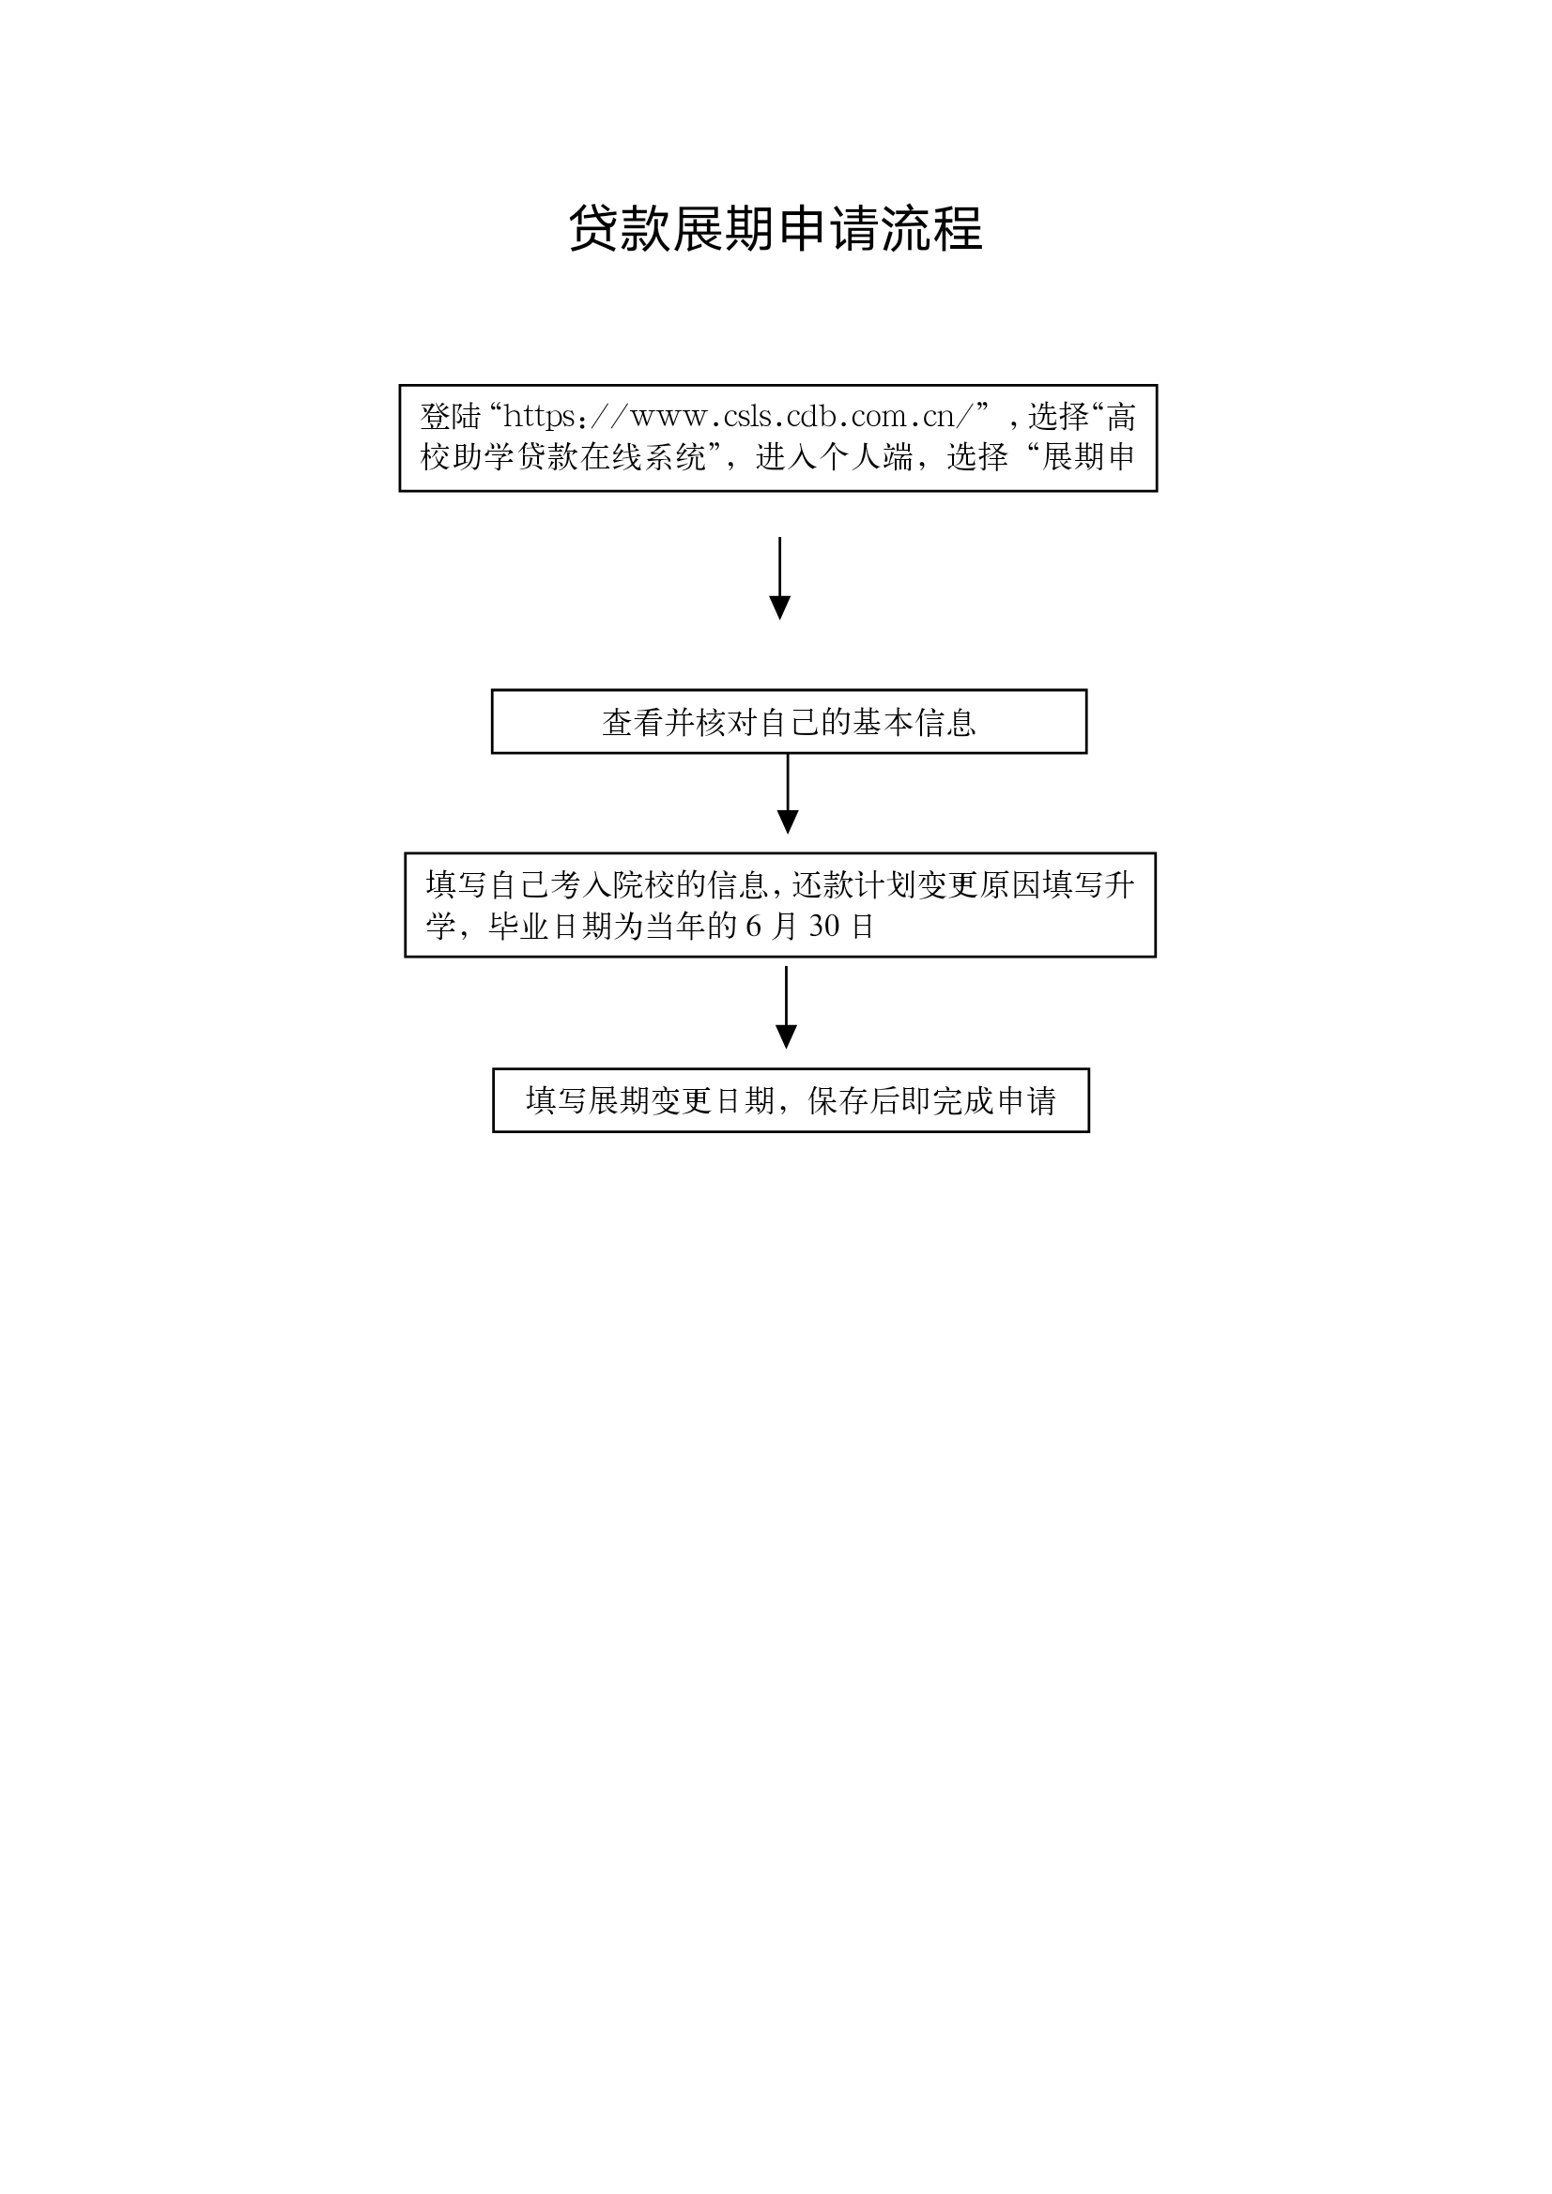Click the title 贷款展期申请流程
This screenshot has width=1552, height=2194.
[x=775, y=229]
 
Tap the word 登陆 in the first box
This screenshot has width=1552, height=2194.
[x=450, y=417]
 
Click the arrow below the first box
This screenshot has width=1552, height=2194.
[x=780, y=578]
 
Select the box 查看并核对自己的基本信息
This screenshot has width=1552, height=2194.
[x=789, y=721]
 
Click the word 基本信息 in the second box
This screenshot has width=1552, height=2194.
[x=914, y=723]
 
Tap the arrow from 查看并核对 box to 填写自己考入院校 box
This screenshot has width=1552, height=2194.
[x=788, y=794]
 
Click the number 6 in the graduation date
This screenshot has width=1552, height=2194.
[x=754, y=926]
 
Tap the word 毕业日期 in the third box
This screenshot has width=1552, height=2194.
[x=550, y=926]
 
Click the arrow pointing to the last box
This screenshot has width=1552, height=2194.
[x=786, y=1007]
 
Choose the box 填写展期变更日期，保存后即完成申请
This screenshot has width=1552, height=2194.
[x=791, y=1100]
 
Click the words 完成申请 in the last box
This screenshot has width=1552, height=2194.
[x=994, y=1101]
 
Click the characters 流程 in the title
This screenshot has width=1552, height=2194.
[x=932, y=229]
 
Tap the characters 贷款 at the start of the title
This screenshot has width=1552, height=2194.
[x=620, y=229]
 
